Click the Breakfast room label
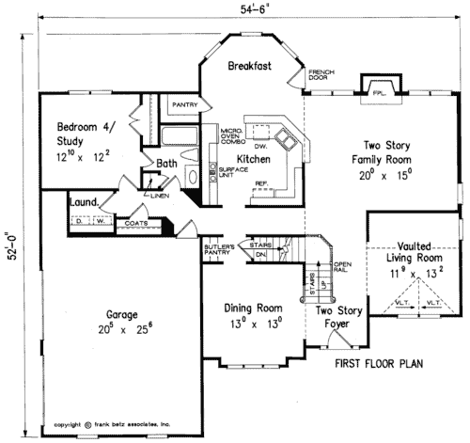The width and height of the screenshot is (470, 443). click(251, 66)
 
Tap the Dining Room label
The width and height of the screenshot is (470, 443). click(253, 315)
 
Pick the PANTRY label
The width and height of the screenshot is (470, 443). click(182, 105)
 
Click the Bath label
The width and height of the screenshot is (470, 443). click(167, 163)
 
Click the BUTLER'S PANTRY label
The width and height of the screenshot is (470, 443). click(220, 249)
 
